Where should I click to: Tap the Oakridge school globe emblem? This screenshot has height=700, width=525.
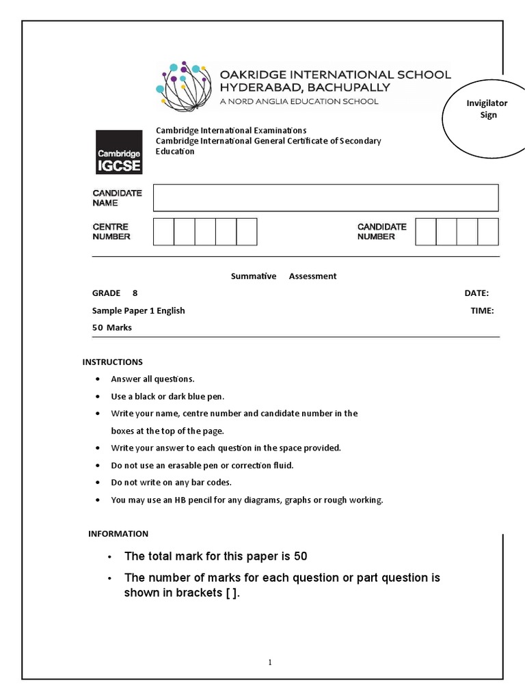click(183, 87)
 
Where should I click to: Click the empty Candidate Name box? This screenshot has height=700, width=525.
click(325, 198)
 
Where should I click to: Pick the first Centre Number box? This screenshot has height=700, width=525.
click(163, 232)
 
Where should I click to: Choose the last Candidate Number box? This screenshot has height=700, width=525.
click(488, 232)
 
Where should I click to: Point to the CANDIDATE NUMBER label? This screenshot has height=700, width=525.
click(381, 232)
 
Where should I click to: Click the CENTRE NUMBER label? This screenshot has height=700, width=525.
click(111, 232)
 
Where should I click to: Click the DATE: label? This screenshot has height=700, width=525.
click(476, 293)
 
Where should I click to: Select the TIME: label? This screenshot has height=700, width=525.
click(482, 310)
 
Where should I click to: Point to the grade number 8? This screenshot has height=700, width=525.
click(135, 293)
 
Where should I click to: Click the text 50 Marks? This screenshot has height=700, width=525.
click(112, 327)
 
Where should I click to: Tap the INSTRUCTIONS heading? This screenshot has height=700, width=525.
click(113, 362)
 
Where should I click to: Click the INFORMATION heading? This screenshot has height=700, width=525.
click(118, 533)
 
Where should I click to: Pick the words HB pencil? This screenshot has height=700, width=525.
click(174, 500)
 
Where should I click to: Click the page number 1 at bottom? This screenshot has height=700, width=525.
click(270, 662)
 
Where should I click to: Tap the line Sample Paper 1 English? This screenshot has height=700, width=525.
click(139, 310)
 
